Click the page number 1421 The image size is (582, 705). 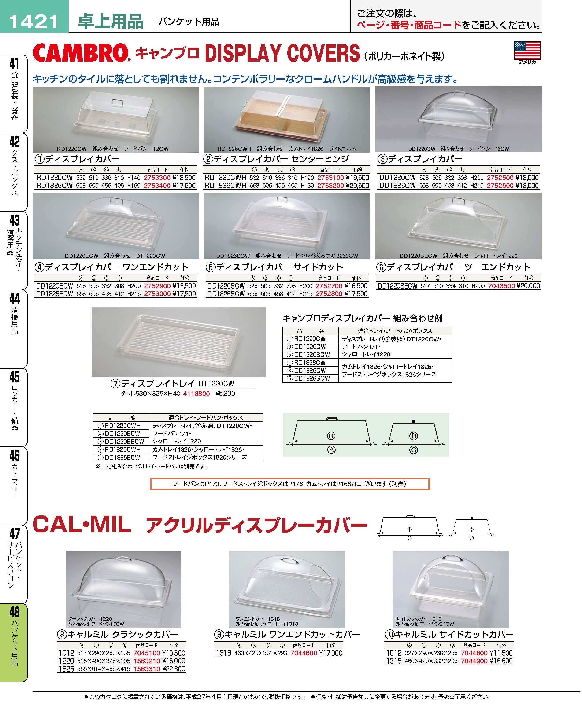(34, 22)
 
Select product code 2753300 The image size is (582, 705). (157, 178)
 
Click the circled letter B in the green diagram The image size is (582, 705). (331, 436)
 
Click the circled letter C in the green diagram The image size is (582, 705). (413, 450)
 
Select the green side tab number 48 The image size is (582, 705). (15, 612)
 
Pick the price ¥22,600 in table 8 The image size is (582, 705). (174, 669)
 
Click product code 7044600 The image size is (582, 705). (304, 653)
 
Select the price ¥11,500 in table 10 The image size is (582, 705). (501, 653)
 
